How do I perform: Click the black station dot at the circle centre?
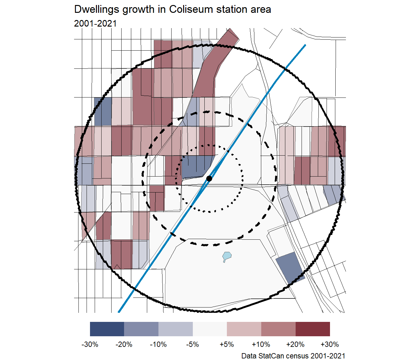point(209,178)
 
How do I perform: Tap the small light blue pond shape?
point(227,257)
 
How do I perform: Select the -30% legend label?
point(90,344)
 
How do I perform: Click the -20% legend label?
point(124,344)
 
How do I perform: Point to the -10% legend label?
point(158,344)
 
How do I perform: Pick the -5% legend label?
point(192,344)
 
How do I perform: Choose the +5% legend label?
point(227,344)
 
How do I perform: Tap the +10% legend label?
point(261,344)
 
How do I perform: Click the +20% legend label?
point(295,344)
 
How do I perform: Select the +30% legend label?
point(330,344)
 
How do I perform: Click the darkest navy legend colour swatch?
point(107,329)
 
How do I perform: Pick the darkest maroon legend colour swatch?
point(312,329)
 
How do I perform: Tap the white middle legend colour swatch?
point(210,329)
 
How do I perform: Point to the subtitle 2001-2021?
point(95,23)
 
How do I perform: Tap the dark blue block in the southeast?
point(290,267)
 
